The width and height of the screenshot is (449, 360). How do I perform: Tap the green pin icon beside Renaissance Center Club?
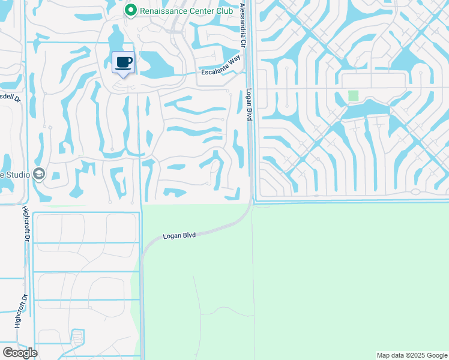coord(130,10)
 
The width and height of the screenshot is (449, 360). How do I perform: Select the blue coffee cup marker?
coord(124,62)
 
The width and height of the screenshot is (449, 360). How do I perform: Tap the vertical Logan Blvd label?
coord(248,105)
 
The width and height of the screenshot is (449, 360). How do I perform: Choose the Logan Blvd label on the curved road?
coord(180,235)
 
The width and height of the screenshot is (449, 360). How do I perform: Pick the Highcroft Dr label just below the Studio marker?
coord(26,224)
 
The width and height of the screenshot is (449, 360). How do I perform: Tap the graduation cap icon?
coord(39,175)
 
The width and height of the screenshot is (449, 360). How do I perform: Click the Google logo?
coord(19,352)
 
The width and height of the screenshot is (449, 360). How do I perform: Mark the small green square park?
coord(353,96)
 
